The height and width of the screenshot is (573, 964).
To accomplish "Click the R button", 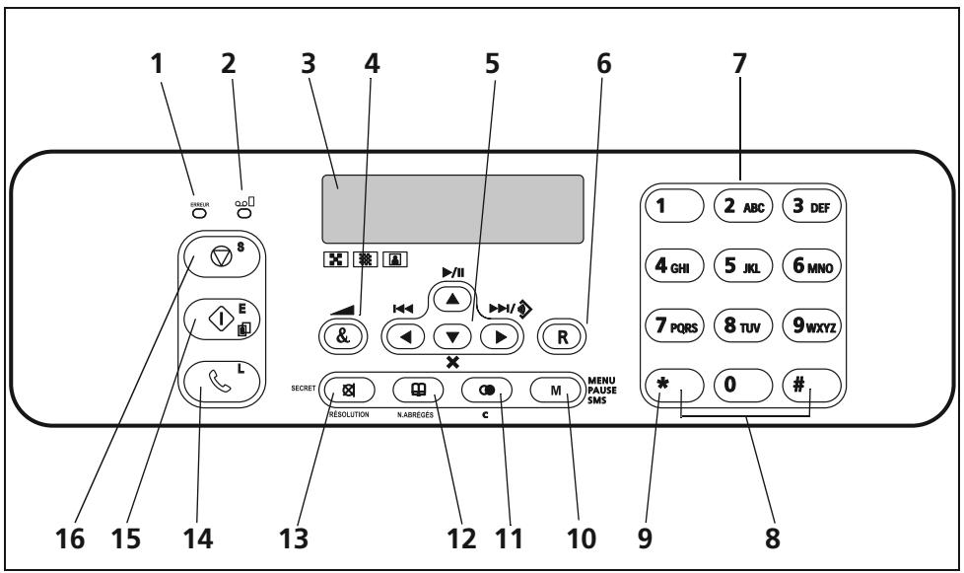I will click(562, 334).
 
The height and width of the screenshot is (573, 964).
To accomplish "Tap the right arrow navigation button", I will click(498, 335).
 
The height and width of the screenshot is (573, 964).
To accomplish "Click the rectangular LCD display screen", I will click(457, 203).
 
